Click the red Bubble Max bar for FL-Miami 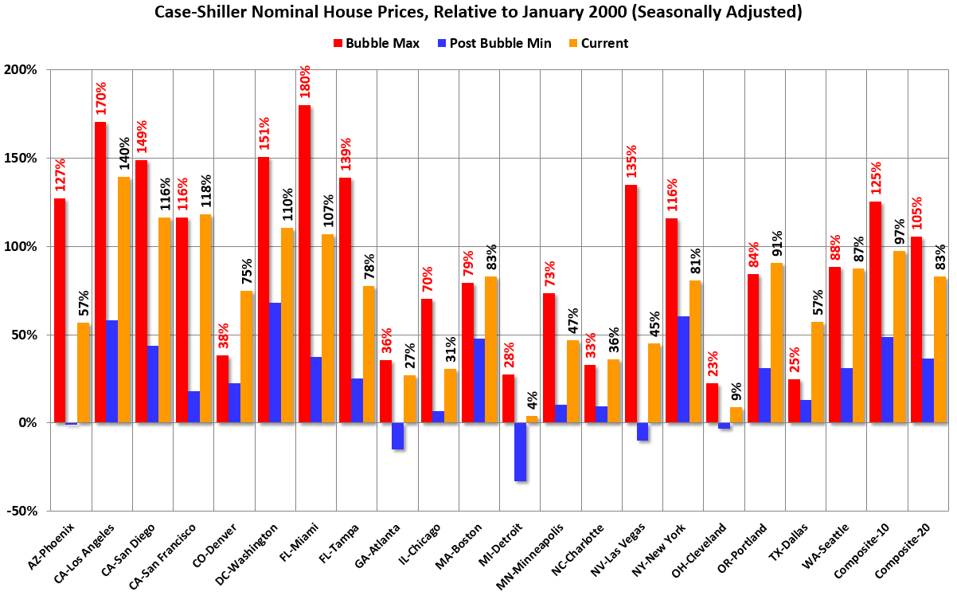pyautogui.click(x=304, y=264)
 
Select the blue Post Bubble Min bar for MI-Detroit pyautogui.click(x=521, y=452)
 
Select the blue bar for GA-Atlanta pyautogui.click(x=398, y=436)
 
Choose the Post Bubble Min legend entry pyautogui.click(x=492, y=43)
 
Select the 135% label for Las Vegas pyautogui.click(x=631, y=163)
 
